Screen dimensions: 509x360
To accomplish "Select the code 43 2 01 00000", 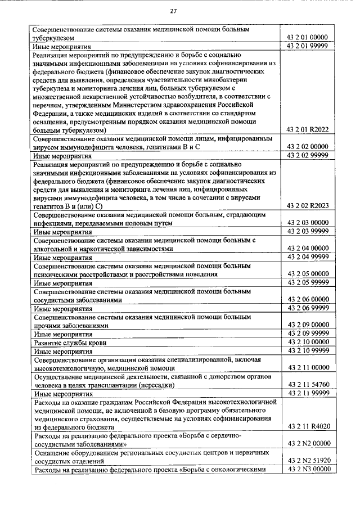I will pyautogui.click(x=308, y=37).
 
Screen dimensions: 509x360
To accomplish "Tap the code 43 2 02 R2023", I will pyautogui.click(x=308, y=205).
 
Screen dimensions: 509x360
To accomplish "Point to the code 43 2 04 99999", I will pyautogui.click(x=308, y=256).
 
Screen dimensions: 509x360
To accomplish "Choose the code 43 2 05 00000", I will pyautogui.click(x=308, y=274).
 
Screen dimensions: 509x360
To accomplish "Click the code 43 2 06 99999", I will pyautogui.click(x=308, y=308).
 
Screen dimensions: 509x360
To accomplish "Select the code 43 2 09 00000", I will pyautogui.click(x=308, y=325).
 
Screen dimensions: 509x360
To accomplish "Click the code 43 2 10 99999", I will pyautogui.click(x=308, y=350).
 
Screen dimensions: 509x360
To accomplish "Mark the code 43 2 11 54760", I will pyautogui.click(x=308, y=385).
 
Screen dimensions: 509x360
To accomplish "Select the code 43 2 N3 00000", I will pyautogui.click(x=308, y=469).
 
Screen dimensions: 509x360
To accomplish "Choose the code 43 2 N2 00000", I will pyautogui.click(x=308, y=444).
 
